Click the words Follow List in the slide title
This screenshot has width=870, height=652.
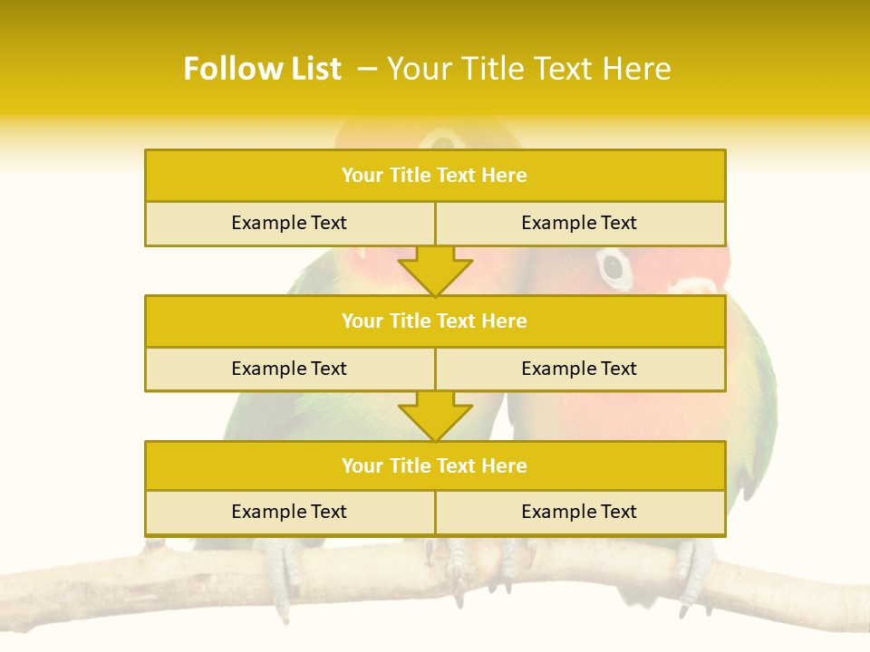(262, 69)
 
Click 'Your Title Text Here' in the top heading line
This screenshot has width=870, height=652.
(528, 69)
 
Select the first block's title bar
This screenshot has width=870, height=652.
(435, 176)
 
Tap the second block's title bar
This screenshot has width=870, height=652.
(435, 321)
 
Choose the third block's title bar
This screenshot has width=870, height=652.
(435, 465)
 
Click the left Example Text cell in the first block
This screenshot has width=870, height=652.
(289, 223)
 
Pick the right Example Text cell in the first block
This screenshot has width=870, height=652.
(580, 223)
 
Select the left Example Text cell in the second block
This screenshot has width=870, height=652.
(289, 369)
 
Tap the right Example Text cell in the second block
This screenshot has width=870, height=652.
(580, 369)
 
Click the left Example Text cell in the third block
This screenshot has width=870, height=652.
(289, 512)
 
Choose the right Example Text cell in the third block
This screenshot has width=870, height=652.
(580, 512)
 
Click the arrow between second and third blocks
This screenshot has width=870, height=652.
(435, 416)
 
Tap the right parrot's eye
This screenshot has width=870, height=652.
(614, 266)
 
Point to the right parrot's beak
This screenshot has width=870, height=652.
(696, 285)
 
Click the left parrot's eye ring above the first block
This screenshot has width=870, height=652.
(443, 139)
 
